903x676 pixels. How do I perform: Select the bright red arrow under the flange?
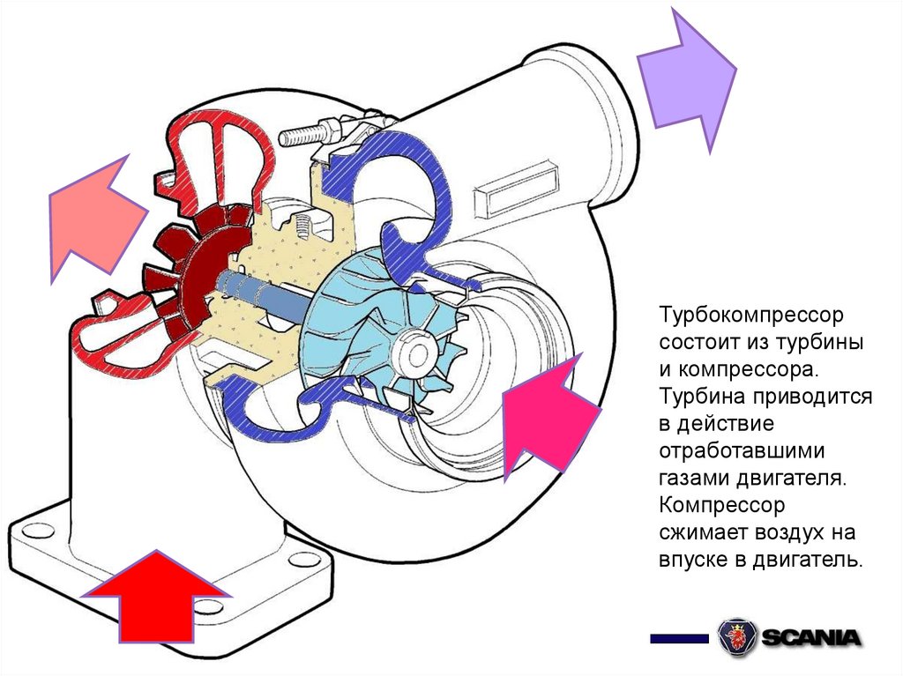point(156,599)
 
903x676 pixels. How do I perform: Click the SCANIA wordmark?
point(812,636)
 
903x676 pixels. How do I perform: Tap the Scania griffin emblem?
point(736,636)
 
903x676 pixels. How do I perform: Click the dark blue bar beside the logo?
point(679,637)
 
